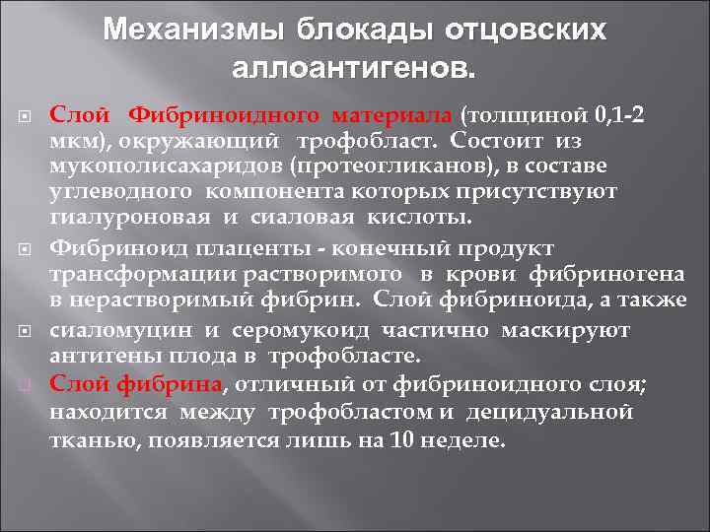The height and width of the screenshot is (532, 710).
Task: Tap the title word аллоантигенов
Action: (354, 69)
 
